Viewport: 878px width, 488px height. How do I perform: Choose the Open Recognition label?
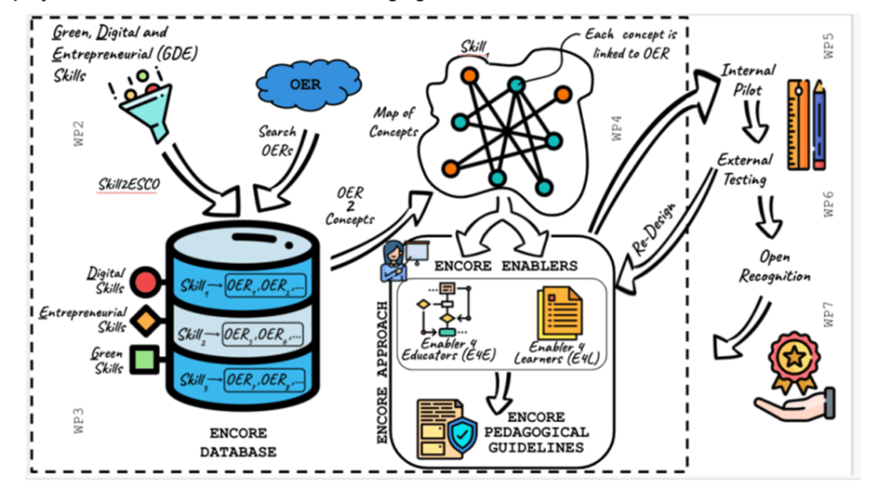click(x=774, y=267)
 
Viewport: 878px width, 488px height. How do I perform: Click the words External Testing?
click(x=744, y=170)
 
